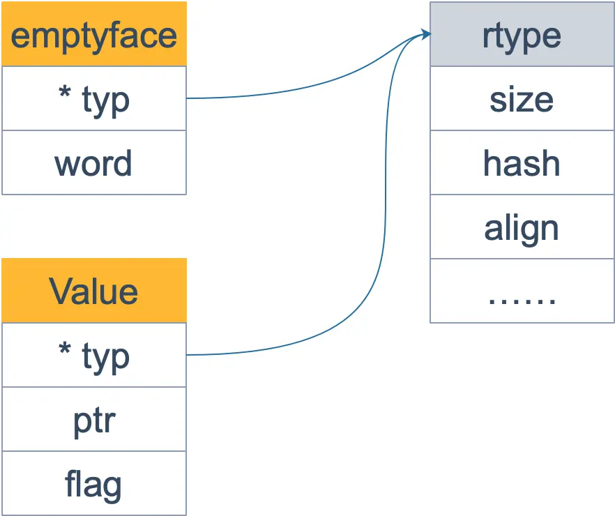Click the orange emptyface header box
(x=94, y=34)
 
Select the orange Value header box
(x=94, y=291)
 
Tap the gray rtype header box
(x=522, y=35)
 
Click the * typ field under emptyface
(x=94, y=98)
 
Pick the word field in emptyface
(x=94, y=162)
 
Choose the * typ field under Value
(x=94, y=355)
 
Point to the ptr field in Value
(x=94, y=419)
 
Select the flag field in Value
(x=94, y=483)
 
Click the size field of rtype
(x=522, y=99)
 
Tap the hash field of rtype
(x=522, y=163)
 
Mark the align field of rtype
(x=522, y=227)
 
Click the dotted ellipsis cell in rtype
(x=522, y=291)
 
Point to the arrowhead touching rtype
(x=425, y=34)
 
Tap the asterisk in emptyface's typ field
(x=64, y=93)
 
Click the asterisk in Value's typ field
(x=64, y=350)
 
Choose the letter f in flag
(x=70, y=483)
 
